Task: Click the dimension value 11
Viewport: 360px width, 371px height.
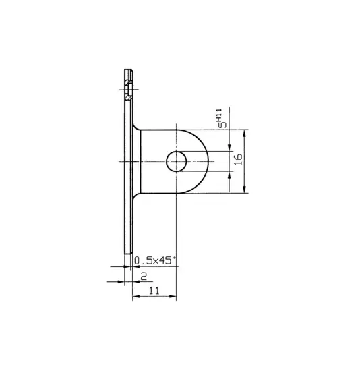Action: tap(154, 290)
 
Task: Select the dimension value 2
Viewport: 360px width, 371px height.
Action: tap(144, 276)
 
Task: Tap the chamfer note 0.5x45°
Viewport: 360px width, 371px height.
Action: tap(155, 261)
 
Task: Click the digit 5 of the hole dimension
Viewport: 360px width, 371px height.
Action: tap(222, 125)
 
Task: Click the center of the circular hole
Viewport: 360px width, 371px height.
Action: tap(176, 161)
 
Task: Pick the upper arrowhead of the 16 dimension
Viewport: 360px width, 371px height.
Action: tap(245, 134)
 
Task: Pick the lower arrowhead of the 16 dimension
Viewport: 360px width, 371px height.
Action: tap(245, 189)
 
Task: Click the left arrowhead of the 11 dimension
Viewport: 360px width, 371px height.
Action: tap(136, 297)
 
